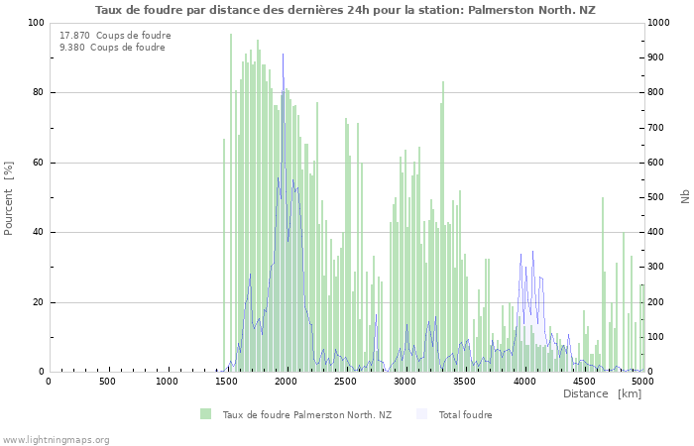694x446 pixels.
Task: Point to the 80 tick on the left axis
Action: click(x=37, y=93)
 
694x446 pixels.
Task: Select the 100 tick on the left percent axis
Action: click(x=35, y=23)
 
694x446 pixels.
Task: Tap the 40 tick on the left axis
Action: click(x=37, y=233)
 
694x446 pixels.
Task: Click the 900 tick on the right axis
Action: click(x=658, y=57)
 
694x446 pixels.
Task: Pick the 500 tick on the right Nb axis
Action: click(x=658, y=197)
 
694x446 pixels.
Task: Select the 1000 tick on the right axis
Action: click(x=661, y=23)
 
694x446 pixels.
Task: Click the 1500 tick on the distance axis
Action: click(x=226, y=382)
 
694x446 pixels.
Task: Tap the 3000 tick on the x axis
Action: click(x=405, y=382)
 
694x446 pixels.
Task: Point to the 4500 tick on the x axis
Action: click(x=583, y=382)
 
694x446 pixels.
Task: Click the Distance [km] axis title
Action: click(x=602, y=394)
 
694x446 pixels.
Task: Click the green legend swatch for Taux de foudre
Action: click(x=205, y=414)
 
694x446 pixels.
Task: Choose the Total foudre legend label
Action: click(x=465, y=415)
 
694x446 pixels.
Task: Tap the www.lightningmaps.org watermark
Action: click(x=56, y=440)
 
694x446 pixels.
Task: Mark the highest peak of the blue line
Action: click(x=283, y=55)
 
